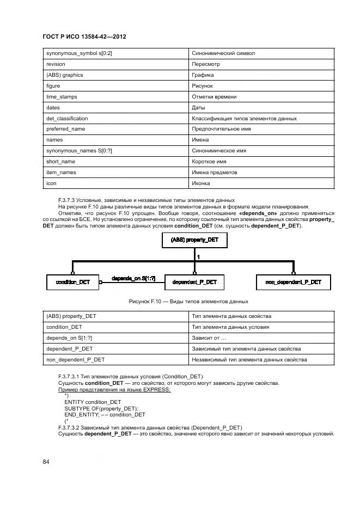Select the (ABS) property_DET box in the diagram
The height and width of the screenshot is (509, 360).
pyautogui.click(x=194, y=240)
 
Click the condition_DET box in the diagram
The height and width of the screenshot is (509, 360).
pyautogui.click(x=72, y=282)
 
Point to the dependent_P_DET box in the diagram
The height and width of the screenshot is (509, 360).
pyautogui.click(x=194, y=282)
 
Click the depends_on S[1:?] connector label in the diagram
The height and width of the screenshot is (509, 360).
pyautogui.click(x=133, y=279)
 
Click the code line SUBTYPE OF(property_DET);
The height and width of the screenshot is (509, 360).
pyautogui.click(x=101, y=409)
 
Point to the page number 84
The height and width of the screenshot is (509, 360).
pyautogui.click(x=46, y=462)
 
